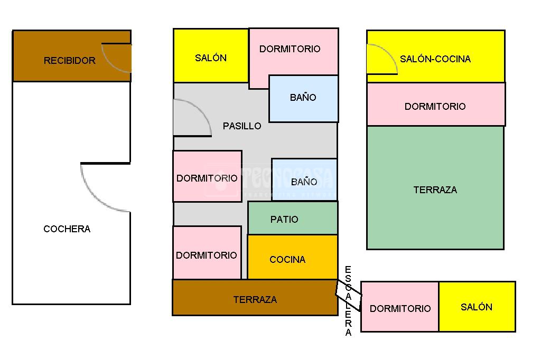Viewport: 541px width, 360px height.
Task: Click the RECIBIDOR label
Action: [x=69, y=61]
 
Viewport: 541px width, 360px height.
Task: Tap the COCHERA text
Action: [x=67, y=229]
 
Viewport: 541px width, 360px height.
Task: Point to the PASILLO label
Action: [x=242, y=126]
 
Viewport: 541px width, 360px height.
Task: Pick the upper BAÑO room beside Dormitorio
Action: [x=303, y=98]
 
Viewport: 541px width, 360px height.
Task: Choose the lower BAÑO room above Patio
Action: [x=304, y=179]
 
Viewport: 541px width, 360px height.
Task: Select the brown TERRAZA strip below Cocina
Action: [x=255, y=298]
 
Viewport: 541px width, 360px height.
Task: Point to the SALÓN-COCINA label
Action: [x=435, y=59]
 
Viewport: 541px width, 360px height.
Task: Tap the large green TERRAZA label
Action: [x=435, y=190]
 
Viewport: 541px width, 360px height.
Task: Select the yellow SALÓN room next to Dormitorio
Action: [x=477, y=307]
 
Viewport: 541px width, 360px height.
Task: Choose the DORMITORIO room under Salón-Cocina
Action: [x=435, y=105]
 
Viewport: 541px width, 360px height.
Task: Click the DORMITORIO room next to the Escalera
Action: [x=400, y=307]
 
